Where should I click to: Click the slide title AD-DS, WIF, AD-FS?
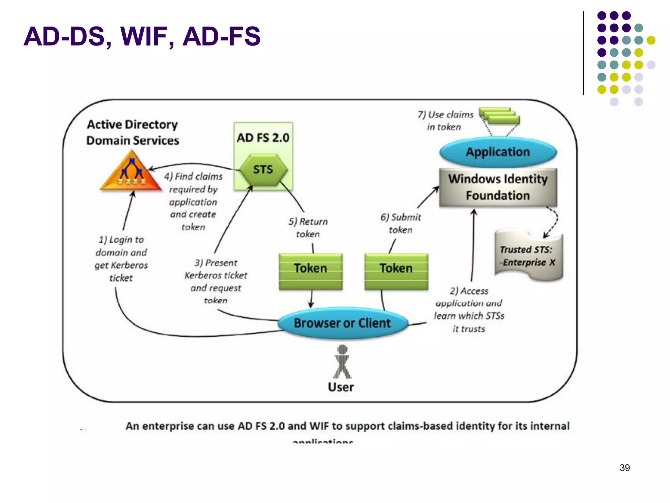click(x=142, y=36)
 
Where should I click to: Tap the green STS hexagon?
click(x=263, y=170)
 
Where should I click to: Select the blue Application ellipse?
click(x=498, y=152)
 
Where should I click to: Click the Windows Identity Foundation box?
click(x=498, y=187)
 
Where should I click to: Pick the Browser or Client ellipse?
click(x=342, y=323)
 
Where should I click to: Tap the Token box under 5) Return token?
click(x=310, y=271)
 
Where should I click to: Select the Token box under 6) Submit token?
click(x=396, y=271)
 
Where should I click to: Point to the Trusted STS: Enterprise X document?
click(x=528, y=256)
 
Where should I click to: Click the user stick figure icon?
click(x=342, y=362)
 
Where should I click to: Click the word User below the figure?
click(x=341, y=387)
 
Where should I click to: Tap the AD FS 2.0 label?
click(x=263, y=138)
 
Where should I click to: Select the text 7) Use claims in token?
click(x=445, y=121)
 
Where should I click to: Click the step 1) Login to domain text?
click(x=121, y=258)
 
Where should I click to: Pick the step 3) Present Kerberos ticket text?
click(x=216, y=281)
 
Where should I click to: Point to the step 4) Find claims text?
click(x=193, y=201)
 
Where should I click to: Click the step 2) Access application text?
click(x=469, y=309)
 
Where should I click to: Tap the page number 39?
click(x=625, y=468)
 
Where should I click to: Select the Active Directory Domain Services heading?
click(x=132, y=132)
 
